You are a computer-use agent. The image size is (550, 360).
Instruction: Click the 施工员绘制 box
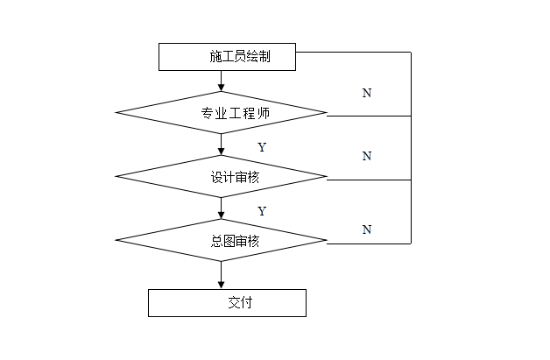227,57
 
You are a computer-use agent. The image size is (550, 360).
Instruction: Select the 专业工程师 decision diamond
221,112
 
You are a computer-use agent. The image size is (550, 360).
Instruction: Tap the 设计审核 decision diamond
221,177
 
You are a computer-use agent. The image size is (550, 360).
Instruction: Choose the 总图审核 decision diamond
221,241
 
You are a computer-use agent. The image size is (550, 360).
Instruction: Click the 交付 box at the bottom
227,303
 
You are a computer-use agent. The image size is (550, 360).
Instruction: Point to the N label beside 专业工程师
367,93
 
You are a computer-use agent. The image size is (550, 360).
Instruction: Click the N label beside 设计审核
367,157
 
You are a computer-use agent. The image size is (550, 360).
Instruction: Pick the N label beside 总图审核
367,229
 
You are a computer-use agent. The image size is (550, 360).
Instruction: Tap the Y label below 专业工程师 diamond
261,147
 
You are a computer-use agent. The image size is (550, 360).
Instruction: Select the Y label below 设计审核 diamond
261,211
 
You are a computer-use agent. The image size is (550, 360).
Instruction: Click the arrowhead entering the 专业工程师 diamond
221,87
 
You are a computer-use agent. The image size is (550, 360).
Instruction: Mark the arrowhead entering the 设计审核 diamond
221,152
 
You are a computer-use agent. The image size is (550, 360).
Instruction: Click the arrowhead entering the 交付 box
221,284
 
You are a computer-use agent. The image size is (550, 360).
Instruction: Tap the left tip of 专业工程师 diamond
116,112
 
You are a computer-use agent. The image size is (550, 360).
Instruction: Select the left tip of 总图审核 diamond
116,241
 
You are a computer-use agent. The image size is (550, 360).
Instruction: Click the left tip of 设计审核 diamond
116,177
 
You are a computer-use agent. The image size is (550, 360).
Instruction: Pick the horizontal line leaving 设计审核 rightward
368,180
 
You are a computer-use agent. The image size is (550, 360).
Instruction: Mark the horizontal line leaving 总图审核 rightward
368,242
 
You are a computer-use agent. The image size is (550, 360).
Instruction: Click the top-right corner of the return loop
411,53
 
